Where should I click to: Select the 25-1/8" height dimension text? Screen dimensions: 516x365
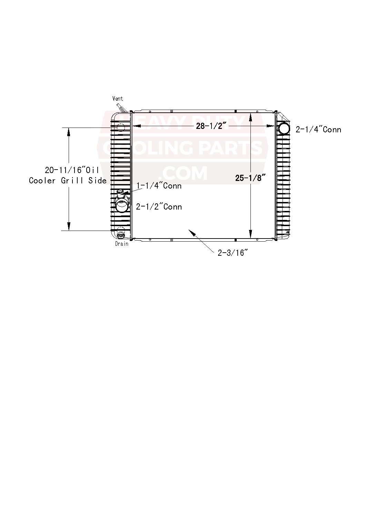pyautogui.click(x=250, y=178)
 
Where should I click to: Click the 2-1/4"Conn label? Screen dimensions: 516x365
pyautogui.click(x=318, y=130)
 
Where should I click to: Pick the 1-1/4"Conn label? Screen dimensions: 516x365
pyautogui.click(x=159, y=186)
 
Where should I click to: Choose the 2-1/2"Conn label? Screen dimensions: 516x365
pyautogui.click(x=159, y=207)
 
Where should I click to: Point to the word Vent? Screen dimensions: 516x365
pyautogui.click(x=118, y=99)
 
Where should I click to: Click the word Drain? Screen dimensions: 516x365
pyautogui.click(x=121, y=244)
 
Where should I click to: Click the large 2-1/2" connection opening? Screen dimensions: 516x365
pyautogui.click(x=121, y=207)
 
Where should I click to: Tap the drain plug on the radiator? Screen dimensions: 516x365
pyautogui.click(x=120, y=235)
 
